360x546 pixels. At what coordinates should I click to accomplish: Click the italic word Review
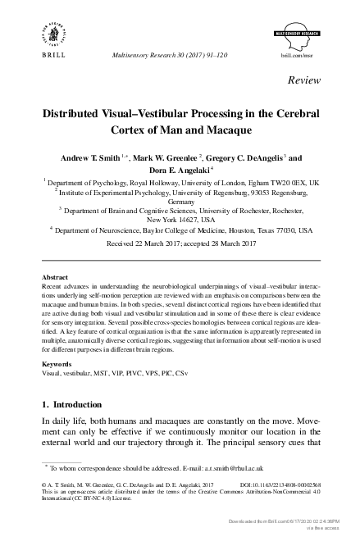[x=304, y=80]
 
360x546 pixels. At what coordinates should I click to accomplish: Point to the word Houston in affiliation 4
[x=233, y=231]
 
